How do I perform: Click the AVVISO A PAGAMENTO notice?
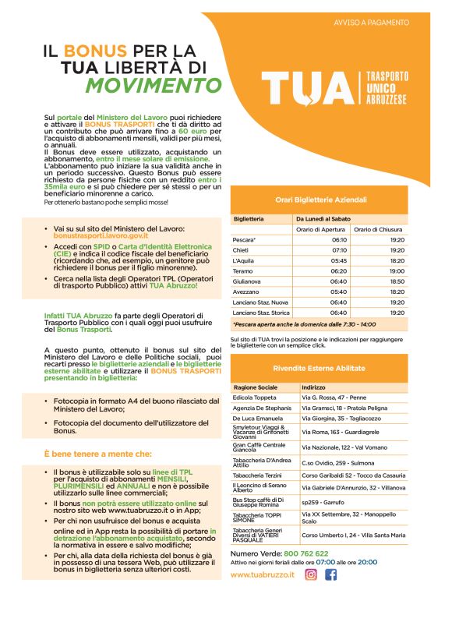371,23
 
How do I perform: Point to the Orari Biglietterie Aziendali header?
320,200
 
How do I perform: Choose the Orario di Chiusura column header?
380,229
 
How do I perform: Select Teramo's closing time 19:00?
397,270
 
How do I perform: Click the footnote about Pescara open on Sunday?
304,323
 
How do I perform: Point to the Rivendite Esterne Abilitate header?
320,367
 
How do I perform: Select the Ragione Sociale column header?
255,387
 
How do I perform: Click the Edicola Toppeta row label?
254,398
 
